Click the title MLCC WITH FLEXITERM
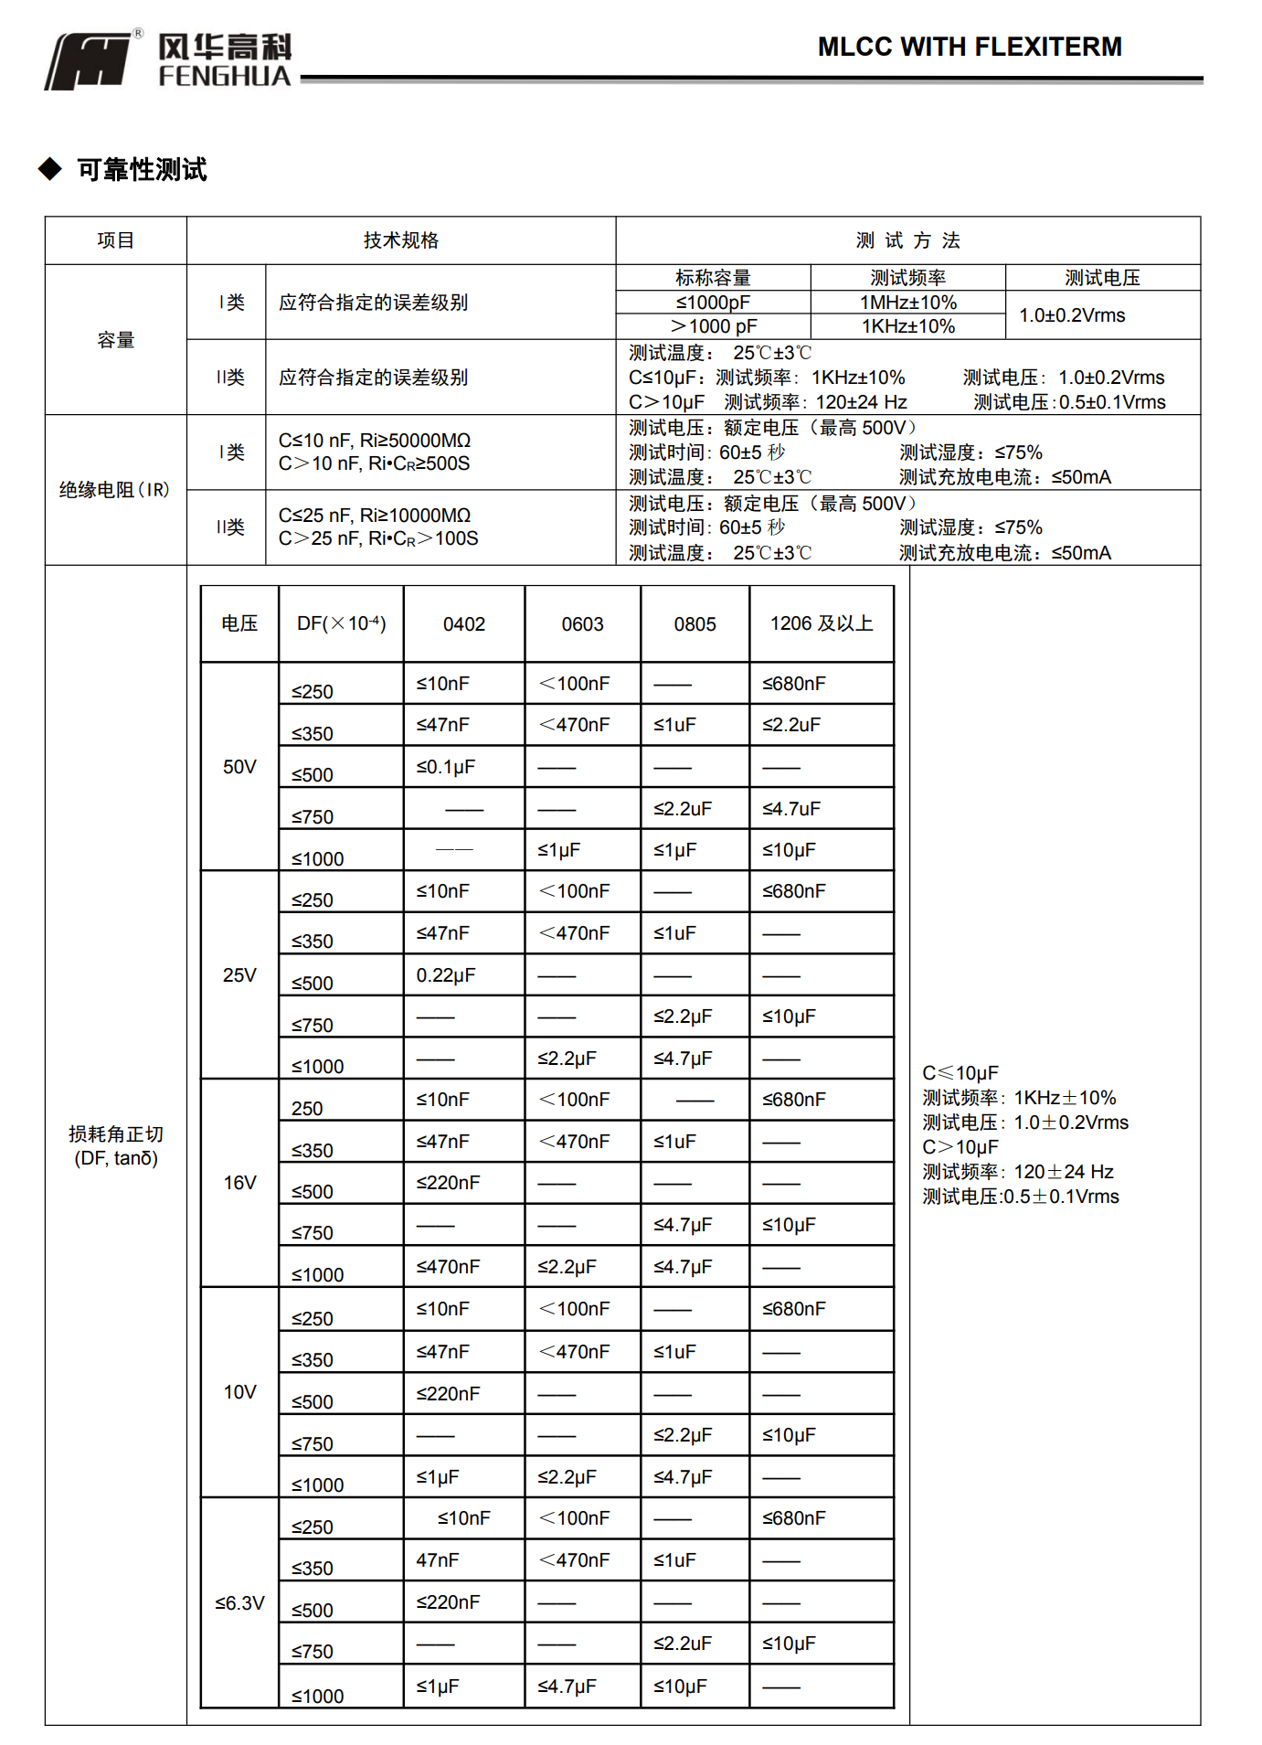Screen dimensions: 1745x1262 click(x=969, y=47)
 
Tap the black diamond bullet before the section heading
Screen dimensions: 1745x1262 click(x=50, y=168)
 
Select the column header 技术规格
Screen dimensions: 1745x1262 click(x=401, y=240)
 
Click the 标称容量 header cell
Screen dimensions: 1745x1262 click(x=713, y=278)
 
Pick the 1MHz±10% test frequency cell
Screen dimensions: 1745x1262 click(x=907, y=303)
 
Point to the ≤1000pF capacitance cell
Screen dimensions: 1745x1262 click(x=713, y=303)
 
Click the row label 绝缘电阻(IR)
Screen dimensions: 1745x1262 click(x=115, y=490)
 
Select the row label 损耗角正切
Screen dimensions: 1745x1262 click(x=116, y=1134)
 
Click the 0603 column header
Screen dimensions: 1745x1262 click(x=582, y=624)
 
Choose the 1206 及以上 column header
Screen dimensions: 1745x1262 click(x=821, y=624)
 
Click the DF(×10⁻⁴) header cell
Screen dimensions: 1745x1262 click(x=341, y=624)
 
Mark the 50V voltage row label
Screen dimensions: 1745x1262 click(x=239, y=767)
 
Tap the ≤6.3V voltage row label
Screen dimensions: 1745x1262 click(x=239, y=1603)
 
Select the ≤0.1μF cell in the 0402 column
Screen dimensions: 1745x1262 click(x=446, y=767)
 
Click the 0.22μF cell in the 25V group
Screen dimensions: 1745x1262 click(x=446, y=975)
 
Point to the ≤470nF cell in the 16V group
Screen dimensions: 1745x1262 click(x=448, y=1267)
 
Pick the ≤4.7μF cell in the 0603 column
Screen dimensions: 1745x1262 click(x=567, y=1686)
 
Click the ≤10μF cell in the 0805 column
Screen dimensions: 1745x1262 click(x=680, y=1686)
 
